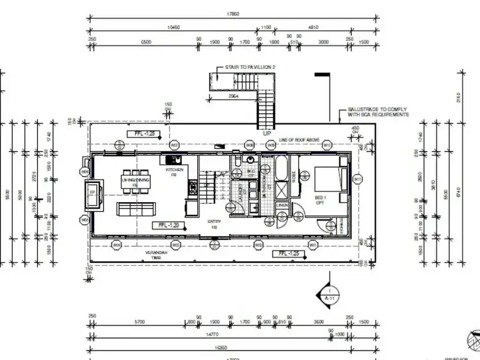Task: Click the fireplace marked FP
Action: (x=92, y=193)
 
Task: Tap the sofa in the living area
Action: (x=135, y=208)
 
